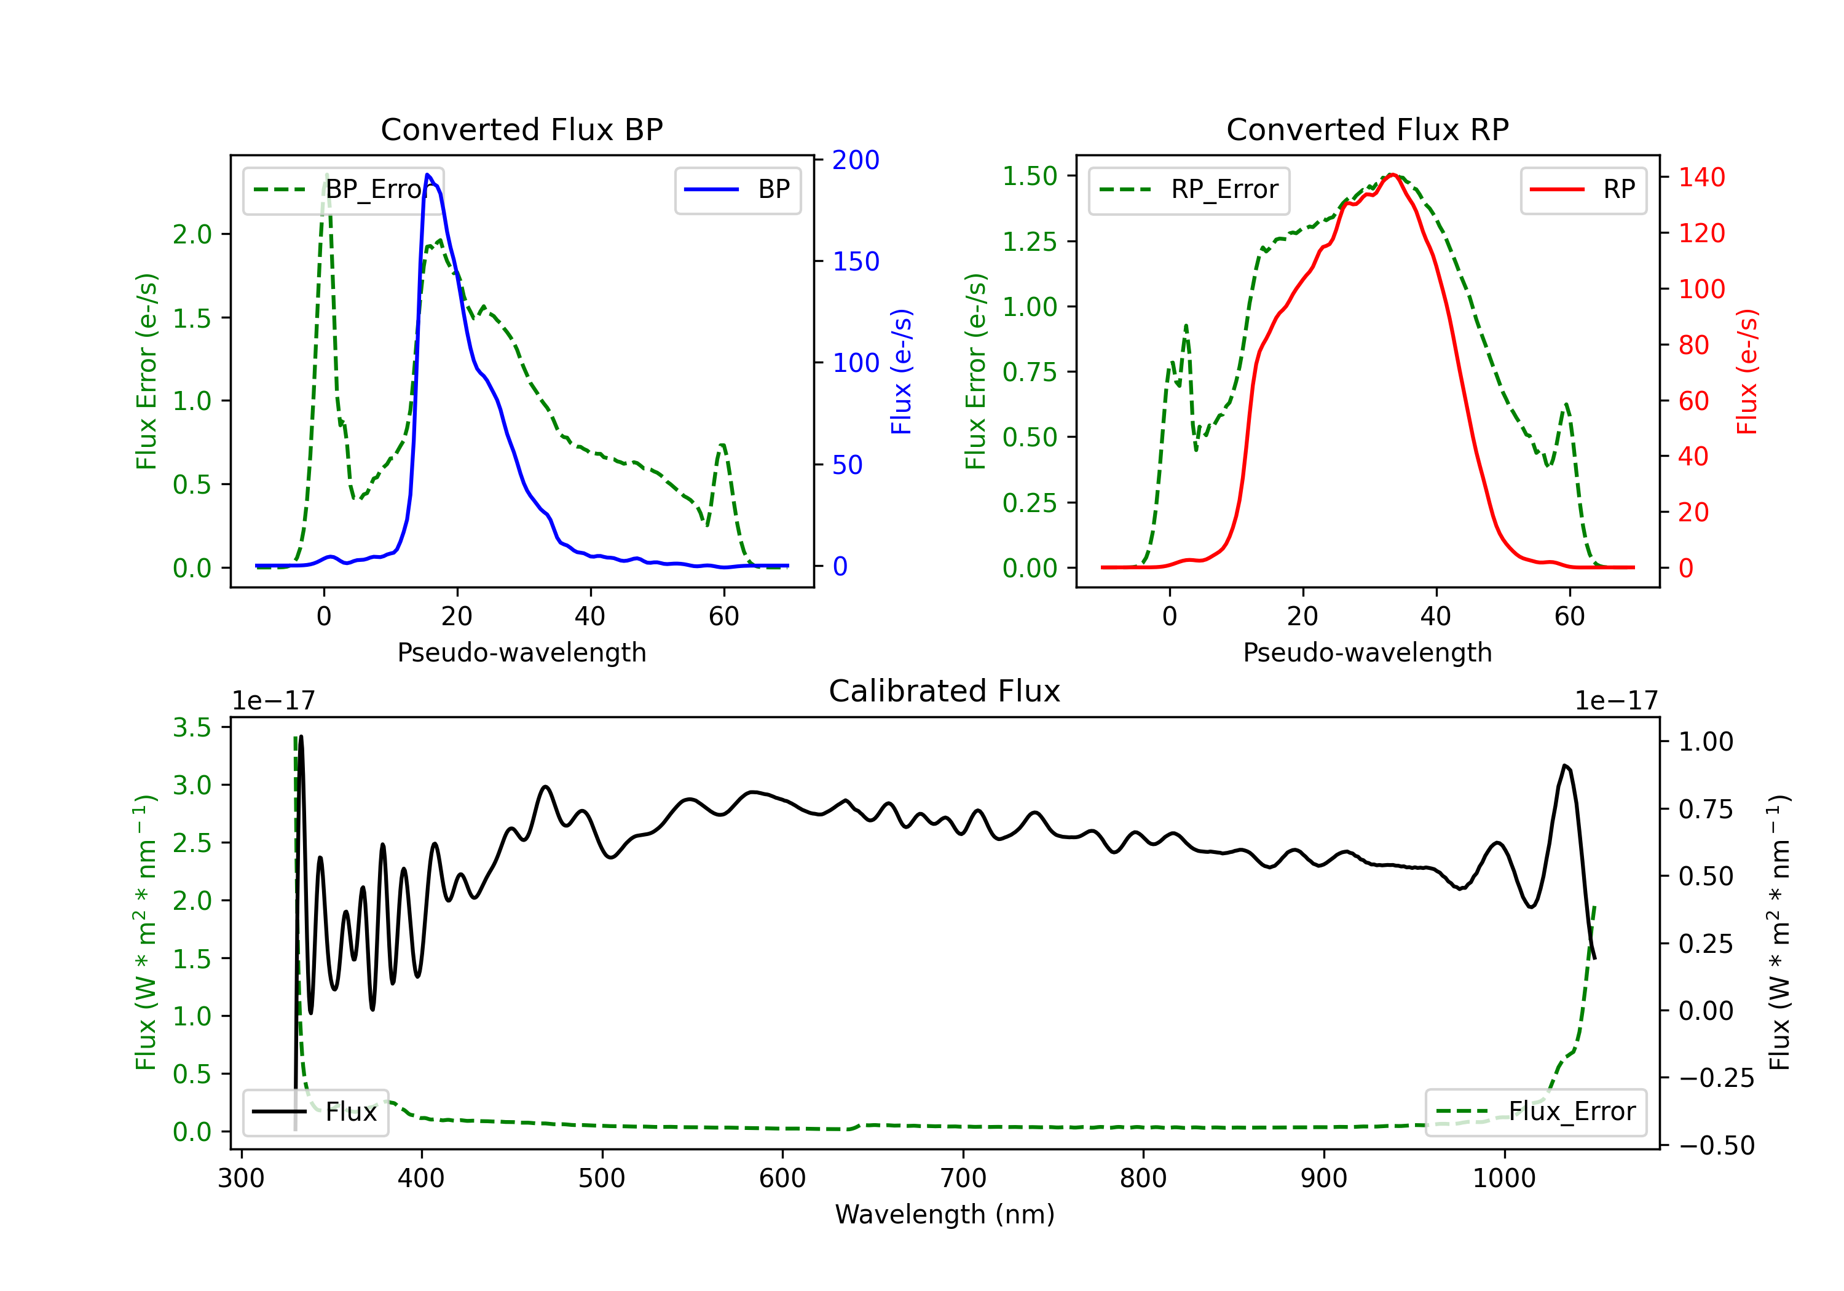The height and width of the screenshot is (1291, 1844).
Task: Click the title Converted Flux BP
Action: click(521, 129)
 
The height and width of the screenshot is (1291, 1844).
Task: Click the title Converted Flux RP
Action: click(1367, 129)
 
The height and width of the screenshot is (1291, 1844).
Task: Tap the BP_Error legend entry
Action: click(344, 189)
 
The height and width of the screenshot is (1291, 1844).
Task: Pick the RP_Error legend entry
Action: click(1189, 189)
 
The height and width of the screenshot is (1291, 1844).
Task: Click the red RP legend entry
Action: click(1583, 189)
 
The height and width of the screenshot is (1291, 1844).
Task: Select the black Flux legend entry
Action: click(316, 1112)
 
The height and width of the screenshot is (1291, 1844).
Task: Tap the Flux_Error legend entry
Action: click(1535, 1112)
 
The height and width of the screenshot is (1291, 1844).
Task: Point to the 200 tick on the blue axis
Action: click(856, 160)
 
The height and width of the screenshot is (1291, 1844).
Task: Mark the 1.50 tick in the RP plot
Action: click(1030, 176)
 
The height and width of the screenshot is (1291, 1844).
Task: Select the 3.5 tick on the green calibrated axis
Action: click(192, 728)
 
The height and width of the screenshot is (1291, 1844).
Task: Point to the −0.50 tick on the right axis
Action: click(1716, 1145)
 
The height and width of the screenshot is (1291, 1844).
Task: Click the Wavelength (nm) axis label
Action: click(945, 1214)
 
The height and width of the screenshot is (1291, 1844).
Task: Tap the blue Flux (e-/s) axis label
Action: click(901, 371)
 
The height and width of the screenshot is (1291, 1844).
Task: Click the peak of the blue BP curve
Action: click(428, 175)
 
